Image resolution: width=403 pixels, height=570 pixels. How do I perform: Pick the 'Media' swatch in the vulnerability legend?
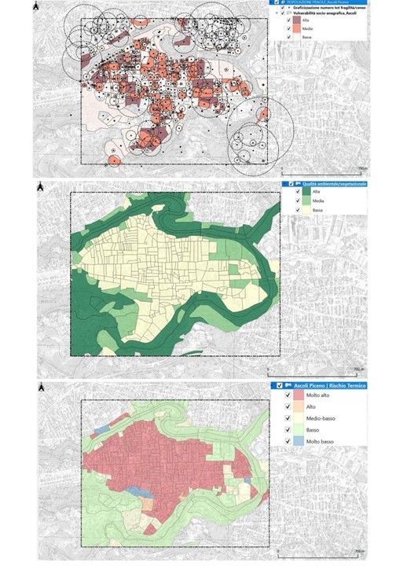tap(306, 38)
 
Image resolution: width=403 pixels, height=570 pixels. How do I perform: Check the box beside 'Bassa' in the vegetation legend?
tap(289, 211)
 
